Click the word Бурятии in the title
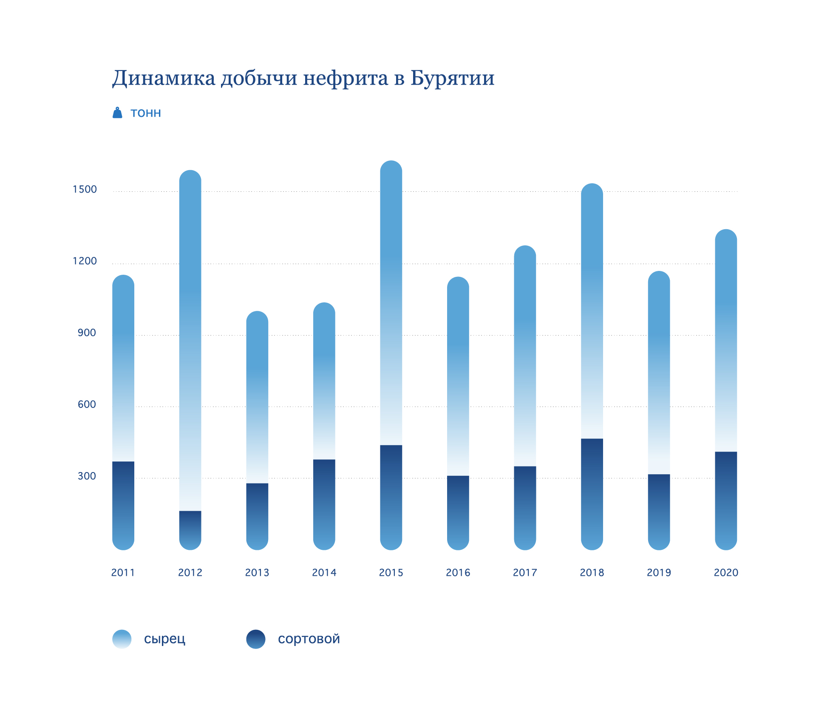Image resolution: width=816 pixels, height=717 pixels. pyautogui.click(x=452, y=78)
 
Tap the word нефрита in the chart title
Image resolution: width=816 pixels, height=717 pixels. pyautogui.click(x=346, y=78)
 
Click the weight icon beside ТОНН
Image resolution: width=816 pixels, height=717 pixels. pyautogui.click(x=117, y=113)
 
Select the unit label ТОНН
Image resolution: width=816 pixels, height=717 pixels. pyautogui.click(x=146, y=114)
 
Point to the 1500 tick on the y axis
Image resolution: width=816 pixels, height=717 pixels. pyautogui.click(x=85, y=189)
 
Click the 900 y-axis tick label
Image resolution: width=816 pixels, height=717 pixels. pyautogui.click(x=87, y=333)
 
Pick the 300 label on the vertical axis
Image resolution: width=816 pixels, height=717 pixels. pyautogui.click(x=87, y=476)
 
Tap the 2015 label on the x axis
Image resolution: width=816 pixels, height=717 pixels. pyautogui.click(x=391, y=572)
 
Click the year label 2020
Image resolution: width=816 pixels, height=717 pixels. pyautogui.click(x=726, y=572)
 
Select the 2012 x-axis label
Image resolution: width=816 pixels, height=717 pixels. pyautogui.click(x=190, y=572)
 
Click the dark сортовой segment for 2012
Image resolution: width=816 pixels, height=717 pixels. pyautogui.click(x=190, y=529)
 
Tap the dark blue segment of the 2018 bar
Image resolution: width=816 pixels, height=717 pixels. pyautogui.click(x=592, y=493)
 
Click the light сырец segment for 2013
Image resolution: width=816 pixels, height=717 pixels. pyautogui.click(x=257, y=395)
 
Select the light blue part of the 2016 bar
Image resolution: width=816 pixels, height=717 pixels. pyautogui.click(x=458, y=374)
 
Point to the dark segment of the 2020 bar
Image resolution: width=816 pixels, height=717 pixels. pyautogui.click(x=726, y=500)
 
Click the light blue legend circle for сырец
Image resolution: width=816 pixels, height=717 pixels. pyautogui.click(x=122, y=639)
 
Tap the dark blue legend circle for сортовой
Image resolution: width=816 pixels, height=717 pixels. pyautogui.click(x=256, y=639)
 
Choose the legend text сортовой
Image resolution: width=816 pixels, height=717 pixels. pyautogui.click(x=309, y=639)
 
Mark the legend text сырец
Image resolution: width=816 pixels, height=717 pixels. pyautogui.click(x=164, y=639)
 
